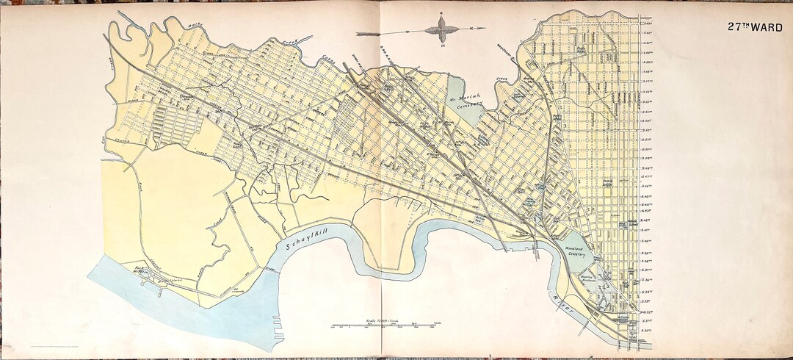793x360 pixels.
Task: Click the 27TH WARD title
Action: pyautogui.click(x=750, y=26)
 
